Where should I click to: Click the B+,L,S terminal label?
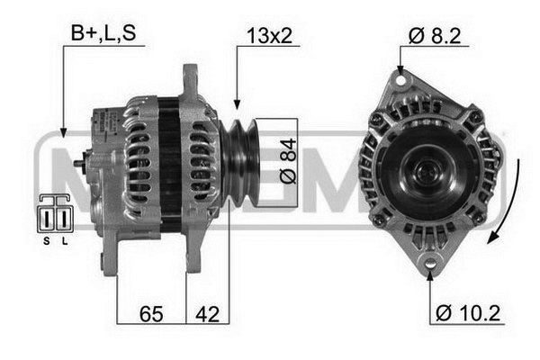103,33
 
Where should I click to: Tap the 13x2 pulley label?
270,35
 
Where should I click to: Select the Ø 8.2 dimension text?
435,35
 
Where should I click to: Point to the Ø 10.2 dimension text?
468,313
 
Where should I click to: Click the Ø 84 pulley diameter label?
288,161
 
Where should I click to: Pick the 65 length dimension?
151,314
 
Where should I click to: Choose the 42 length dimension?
207,314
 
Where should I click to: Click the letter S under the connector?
47,241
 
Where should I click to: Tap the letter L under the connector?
65,241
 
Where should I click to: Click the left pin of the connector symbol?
47,219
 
